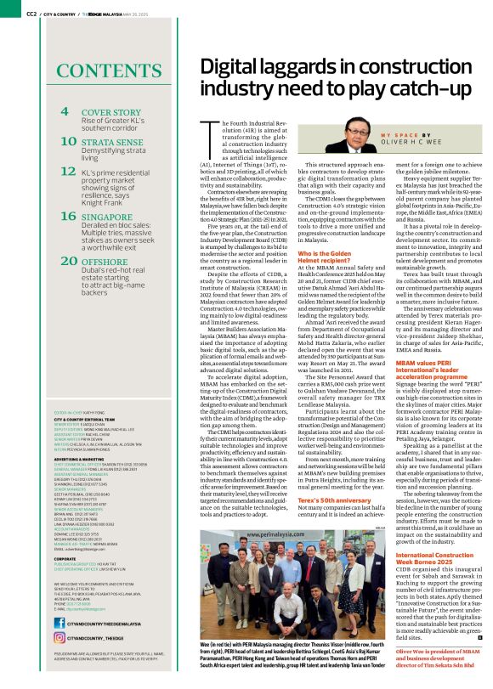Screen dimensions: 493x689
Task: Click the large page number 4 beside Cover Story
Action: (65, 112)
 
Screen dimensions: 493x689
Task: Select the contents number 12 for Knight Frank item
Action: (69, 171)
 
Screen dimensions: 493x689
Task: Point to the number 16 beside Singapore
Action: (70, 217)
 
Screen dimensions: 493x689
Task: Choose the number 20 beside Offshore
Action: (70, 263)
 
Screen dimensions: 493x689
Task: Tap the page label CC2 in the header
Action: (30, 14)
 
